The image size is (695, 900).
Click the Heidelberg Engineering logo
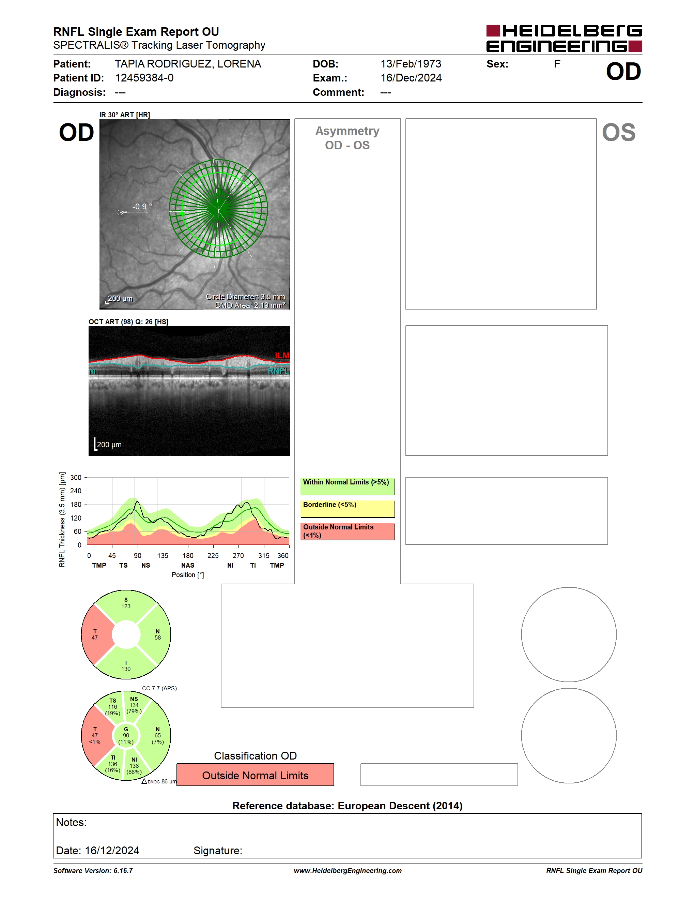pos(564,38)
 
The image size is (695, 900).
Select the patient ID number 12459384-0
pos(144,78)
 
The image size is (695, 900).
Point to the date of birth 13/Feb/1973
pos(411,64)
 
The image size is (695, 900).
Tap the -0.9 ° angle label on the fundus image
pos(142,207)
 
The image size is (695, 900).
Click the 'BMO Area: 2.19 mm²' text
pos(250,305)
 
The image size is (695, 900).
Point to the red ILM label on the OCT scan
pos(282,355)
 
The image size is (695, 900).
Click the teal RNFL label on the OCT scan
pos(279,371)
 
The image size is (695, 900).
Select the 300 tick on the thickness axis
pos(76,478)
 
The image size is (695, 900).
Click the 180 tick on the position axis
pos(188,555)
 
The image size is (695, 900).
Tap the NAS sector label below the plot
pos(188,565)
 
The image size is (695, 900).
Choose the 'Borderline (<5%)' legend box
pos(347,509)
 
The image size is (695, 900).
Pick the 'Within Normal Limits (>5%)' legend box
pos(347,486)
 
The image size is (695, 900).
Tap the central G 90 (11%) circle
pos(126,736)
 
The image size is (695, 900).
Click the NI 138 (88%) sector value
pos(134,766)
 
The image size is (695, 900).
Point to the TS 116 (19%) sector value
pos(112,707)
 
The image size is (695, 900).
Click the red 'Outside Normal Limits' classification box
pos(255,775)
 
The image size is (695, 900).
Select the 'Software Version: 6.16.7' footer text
pos(93,871)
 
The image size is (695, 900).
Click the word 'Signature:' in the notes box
pos(218,851)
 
